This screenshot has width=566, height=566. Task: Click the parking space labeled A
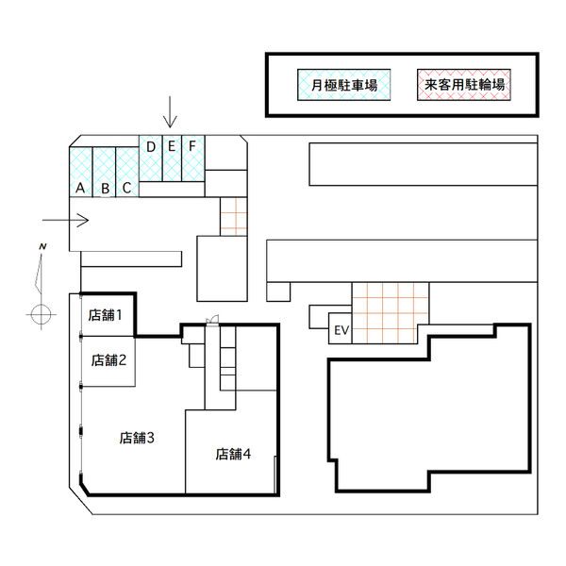[x=81, y=172]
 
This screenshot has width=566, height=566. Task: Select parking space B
[x=104, y=172]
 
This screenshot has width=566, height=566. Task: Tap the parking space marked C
[x=127, y=172]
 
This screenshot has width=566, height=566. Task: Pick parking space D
[x=151, y=158]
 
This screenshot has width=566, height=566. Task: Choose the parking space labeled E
[x=172, y=158]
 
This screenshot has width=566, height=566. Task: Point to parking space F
[x=193, y=158]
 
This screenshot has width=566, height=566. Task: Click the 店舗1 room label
[x=105, y=315]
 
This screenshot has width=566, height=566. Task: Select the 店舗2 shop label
[x=108, y=360]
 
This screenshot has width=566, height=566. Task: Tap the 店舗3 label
[x=137, y=438]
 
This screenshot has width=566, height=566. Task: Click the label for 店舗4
[x=233, y=454]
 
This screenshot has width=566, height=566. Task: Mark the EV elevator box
[x=340, y=328]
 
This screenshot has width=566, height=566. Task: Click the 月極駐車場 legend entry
[x=344, y=85]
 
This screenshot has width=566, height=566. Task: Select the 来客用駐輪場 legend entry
[x=464, y=85]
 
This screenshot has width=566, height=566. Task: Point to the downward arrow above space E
[x=170, y=112]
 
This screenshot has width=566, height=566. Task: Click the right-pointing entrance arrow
[x=65, y=220]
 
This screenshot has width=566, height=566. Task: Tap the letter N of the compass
[x=42, y=247]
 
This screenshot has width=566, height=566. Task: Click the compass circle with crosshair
[x=42, y=315]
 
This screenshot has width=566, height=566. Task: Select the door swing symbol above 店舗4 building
[x=212, y=320]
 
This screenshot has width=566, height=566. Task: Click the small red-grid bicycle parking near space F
[x=234, y=217]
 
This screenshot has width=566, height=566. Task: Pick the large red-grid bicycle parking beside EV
[x=391, y=313]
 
